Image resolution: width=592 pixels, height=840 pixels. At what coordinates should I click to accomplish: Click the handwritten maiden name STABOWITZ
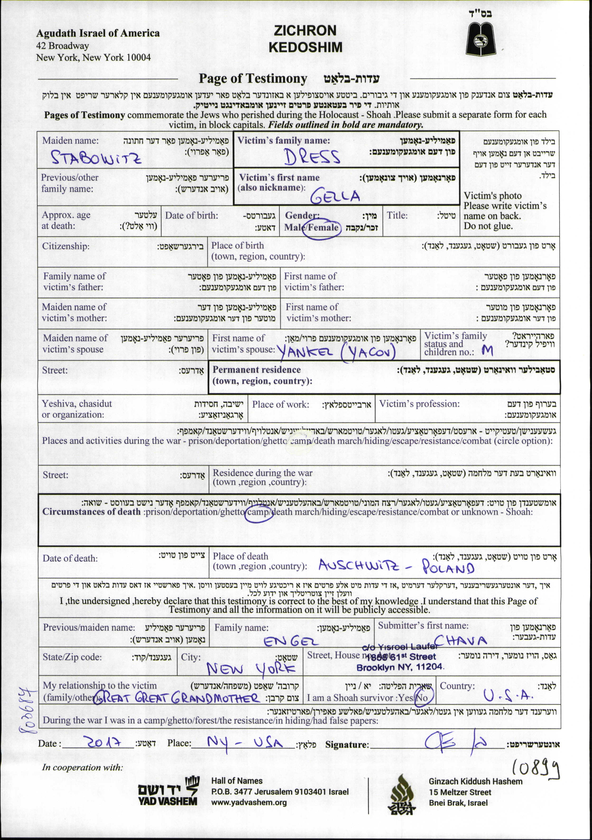tap(96, 157)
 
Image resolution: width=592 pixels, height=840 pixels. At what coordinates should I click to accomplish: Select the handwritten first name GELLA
tap(335, 197)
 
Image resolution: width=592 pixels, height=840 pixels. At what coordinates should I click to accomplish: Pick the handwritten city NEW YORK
tap(251, 669)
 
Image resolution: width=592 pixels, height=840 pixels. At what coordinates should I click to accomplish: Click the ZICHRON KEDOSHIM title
tap(305, 39)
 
